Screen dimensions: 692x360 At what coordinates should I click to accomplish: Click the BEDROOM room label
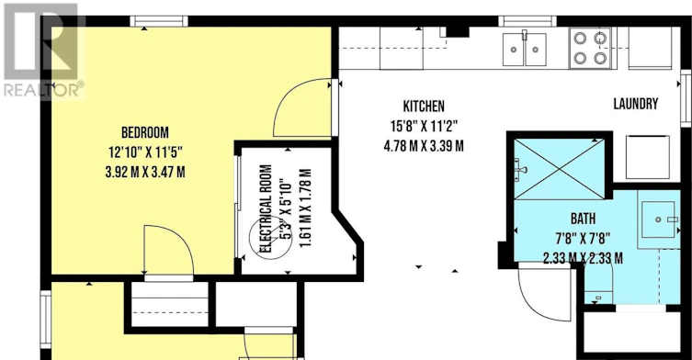pos(145,132)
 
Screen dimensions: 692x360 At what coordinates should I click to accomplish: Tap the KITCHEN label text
pos(424,107)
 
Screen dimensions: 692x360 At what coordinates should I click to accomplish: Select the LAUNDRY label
pos(636,104)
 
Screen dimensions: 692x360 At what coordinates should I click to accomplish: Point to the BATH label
pos(583,219)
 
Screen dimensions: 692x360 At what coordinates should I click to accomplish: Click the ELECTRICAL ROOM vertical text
pos(266,208)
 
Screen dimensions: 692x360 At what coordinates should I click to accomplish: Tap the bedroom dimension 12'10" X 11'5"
pos(145,152)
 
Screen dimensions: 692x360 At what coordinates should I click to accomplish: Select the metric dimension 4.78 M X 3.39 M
pos(424,146)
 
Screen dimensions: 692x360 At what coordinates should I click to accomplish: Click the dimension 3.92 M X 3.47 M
pos(145,172)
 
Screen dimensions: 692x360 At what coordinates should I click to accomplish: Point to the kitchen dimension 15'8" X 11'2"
pos(424,126)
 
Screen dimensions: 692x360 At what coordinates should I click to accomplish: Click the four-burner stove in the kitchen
pos(590,48)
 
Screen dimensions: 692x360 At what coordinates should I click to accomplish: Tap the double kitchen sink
pos(525,50)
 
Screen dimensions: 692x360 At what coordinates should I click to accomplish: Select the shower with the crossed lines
pos(559,169)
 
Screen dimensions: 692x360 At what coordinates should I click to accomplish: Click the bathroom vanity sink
pos(659,219)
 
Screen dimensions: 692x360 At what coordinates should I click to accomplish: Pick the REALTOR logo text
pos(44,90)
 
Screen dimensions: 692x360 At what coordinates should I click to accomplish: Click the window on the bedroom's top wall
pos(159,21)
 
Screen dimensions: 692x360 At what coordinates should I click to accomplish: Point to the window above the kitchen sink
pos(528,21)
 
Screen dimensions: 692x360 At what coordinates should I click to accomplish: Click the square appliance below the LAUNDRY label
pos(647,157)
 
